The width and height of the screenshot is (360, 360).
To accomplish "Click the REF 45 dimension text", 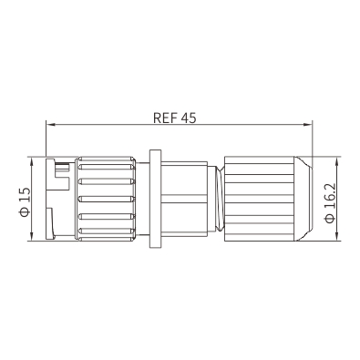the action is point(175,118).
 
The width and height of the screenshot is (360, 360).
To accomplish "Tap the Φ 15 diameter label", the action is point(25,201).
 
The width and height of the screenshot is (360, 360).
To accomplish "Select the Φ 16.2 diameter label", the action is point(330,203).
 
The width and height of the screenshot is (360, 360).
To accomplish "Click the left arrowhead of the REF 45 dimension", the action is point(50,124).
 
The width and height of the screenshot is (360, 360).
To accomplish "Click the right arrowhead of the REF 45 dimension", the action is point(308,124).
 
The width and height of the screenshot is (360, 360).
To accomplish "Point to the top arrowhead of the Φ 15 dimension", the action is point(32,161).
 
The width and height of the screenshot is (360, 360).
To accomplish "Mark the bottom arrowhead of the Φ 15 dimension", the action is point(32,237).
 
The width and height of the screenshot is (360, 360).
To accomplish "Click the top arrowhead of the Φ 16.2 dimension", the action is point(336,161).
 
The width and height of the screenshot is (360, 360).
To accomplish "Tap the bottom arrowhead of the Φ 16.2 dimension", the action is point(336,237).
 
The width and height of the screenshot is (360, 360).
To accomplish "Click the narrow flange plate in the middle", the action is point(155,199).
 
